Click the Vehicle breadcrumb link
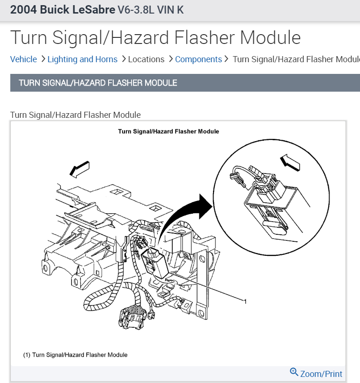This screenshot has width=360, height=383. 23,59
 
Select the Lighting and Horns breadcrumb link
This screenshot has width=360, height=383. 82,59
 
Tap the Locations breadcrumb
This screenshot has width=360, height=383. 146,59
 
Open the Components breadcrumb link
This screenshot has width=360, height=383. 198,59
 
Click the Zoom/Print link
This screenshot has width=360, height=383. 321,374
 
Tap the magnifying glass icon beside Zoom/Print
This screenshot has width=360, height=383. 294,372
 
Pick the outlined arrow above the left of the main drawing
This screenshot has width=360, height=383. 79,169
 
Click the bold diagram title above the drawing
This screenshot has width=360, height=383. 169,131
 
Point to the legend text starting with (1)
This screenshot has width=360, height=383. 75,355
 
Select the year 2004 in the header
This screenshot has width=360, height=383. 22,10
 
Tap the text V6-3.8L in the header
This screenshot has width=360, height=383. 139,10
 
